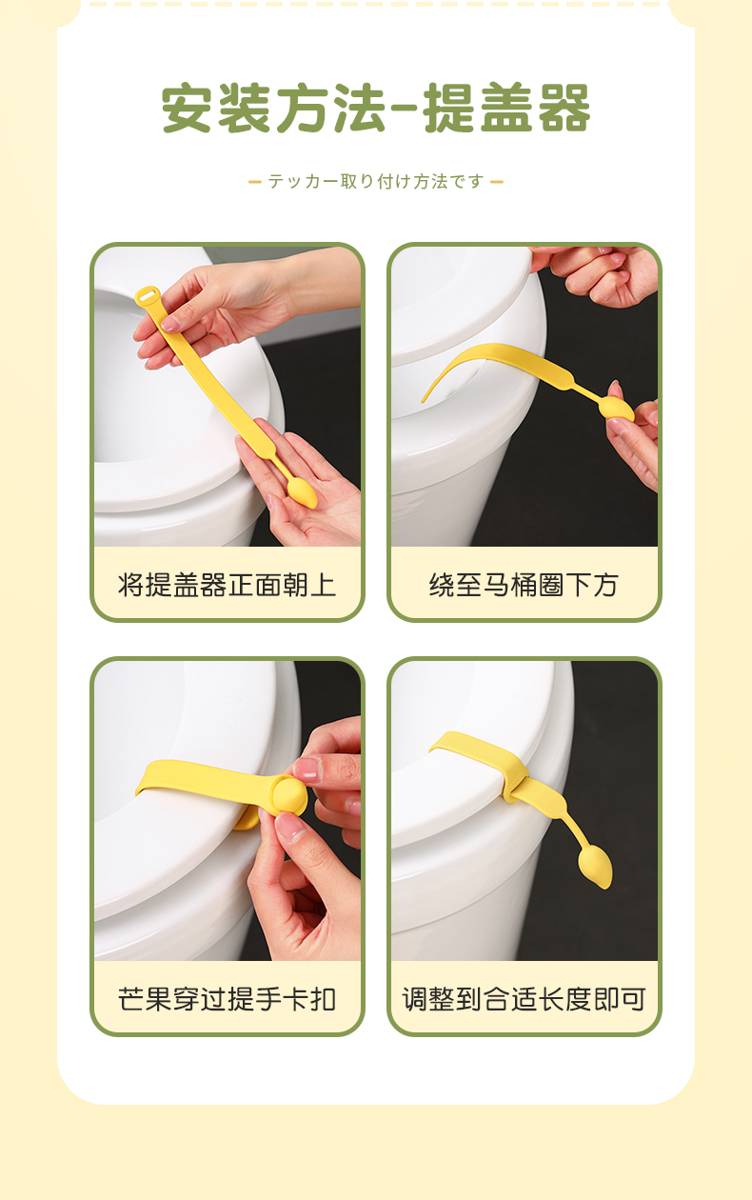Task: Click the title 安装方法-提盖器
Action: [376, 109]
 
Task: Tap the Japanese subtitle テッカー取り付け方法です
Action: [376, 182]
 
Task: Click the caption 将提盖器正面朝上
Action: [228, 585]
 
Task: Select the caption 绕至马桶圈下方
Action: [524, 585]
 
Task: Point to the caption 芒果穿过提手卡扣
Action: [228, 999]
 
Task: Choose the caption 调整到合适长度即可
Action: [524, 999]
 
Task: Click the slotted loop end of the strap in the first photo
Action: [148, 296]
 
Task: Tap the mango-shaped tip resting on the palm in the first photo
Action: [303, 493]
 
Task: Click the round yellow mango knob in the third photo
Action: [289, 795]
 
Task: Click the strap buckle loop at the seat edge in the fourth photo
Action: [515, 783]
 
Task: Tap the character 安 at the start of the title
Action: [187, 109]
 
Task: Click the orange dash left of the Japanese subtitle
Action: [255, 182]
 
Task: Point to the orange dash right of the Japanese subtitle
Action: [497, 182]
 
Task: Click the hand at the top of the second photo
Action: [600, 273]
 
